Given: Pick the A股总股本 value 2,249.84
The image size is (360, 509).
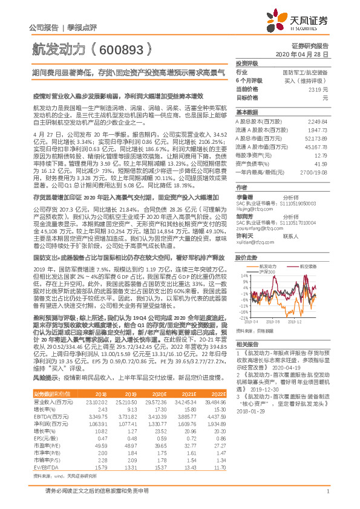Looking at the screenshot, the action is click(x=316, y=121).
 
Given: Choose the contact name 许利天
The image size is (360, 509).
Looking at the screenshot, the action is click(x=244, y=219).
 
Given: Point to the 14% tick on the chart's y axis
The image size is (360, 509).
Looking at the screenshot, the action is click(x=241, y=258).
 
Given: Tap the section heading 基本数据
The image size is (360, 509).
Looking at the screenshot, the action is click(x=247, y=112).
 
